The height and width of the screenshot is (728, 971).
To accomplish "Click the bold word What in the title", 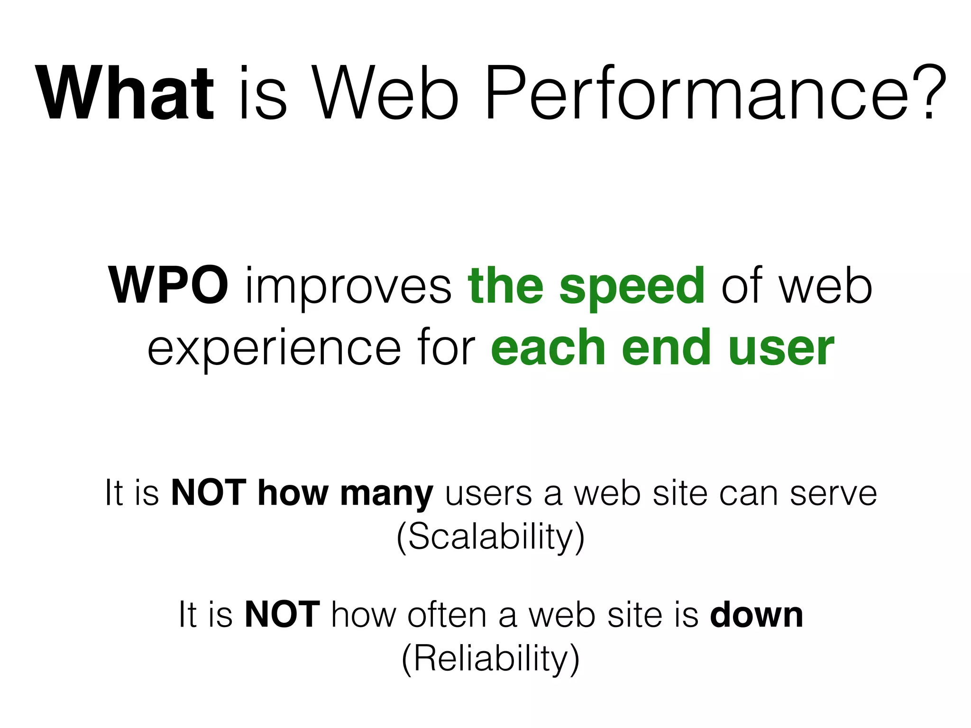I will click(x=126, y=94).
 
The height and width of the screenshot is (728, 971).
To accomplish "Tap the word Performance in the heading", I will click(x=695, y=94).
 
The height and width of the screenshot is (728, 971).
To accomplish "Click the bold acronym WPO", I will click(x=168, y=286).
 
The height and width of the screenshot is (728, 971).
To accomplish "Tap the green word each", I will click(x=548, y=348).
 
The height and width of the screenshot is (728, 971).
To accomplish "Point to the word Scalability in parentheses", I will click(x=491, y=537).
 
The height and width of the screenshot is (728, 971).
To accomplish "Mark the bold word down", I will click(x=756, y=615).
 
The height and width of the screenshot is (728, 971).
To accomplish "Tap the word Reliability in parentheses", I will click(x=491, y=659).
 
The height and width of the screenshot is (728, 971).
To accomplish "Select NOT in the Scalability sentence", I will click(x=209, y=493).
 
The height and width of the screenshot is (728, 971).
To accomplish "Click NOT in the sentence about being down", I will click(x=282, y=615).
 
